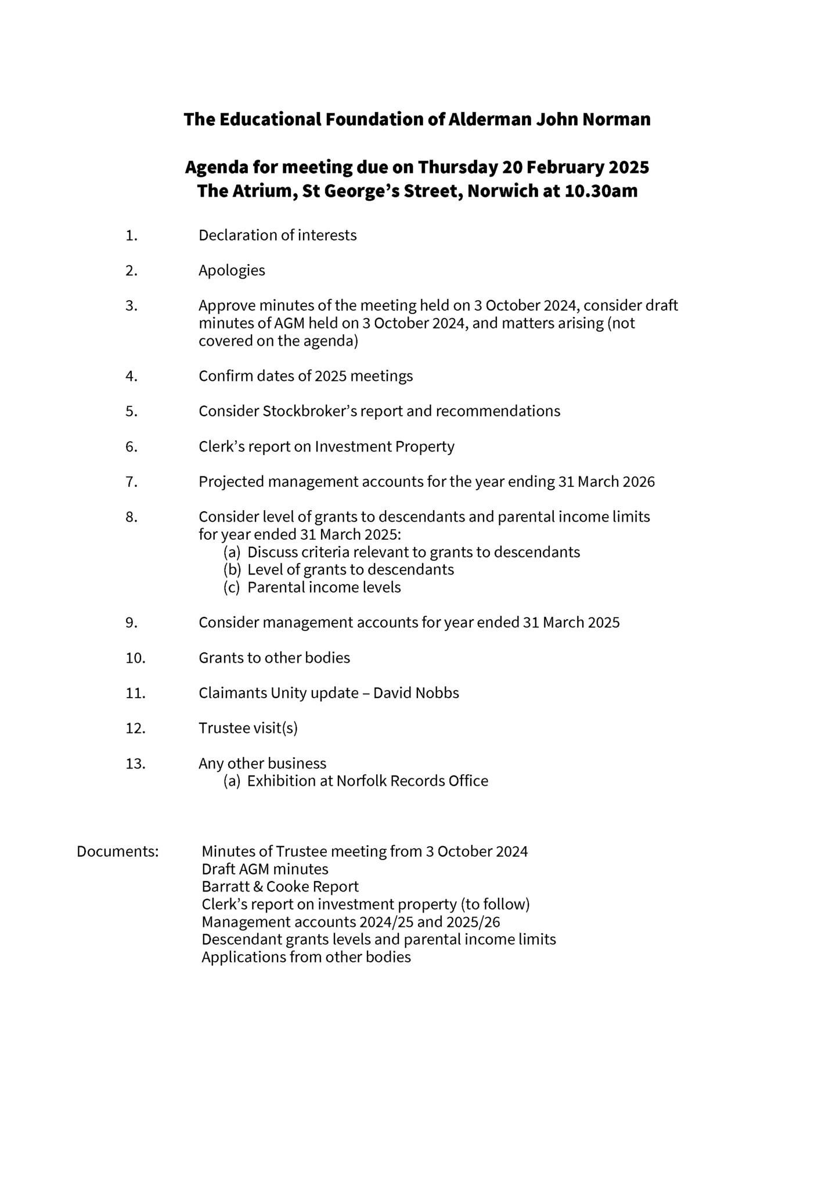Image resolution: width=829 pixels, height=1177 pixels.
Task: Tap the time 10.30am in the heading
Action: pos(601,191)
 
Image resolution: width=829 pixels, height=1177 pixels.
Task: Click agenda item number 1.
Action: pos(131,236)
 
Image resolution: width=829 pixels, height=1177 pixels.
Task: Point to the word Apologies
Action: pos(232,270)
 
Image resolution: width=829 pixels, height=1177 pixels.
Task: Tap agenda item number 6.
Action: pos(131,447)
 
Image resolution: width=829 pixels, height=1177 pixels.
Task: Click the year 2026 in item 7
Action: pos(638,482)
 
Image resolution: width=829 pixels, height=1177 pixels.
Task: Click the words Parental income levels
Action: pos(324,587)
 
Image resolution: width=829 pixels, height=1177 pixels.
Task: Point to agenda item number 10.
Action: pos(135,658)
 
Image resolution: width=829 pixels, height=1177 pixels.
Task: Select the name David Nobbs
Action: pos(416,693)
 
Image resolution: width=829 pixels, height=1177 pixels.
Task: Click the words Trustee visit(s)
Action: pos(248,728)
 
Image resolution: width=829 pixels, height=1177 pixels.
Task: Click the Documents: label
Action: pos(118,851)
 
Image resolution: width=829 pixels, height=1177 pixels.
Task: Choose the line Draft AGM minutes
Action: pos(265,869)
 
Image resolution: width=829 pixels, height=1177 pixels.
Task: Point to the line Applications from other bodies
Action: pos(306,957)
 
